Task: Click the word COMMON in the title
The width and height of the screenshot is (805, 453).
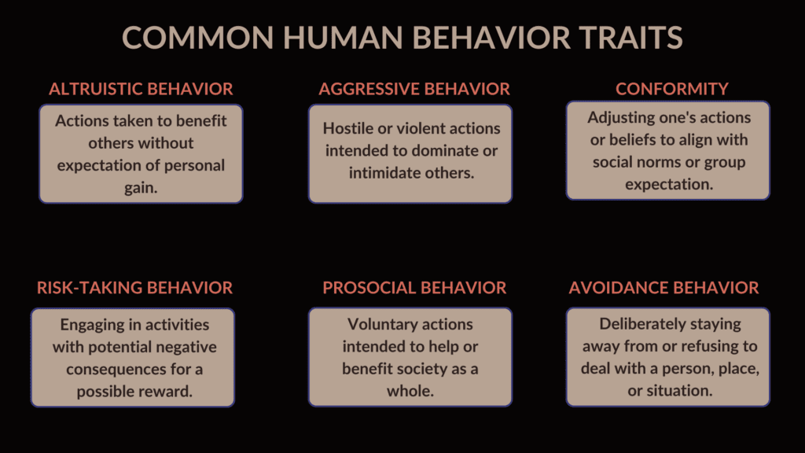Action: click(198, 38)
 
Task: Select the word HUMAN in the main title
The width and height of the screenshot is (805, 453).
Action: click(343, 38)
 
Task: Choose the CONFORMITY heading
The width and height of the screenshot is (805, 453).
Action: click(672, 89)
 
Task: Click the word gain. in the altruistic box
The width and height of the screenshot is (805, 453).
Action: click(141, 188)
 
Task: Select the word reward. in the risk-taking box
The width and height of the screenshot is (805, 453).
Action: click(168, 392)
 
